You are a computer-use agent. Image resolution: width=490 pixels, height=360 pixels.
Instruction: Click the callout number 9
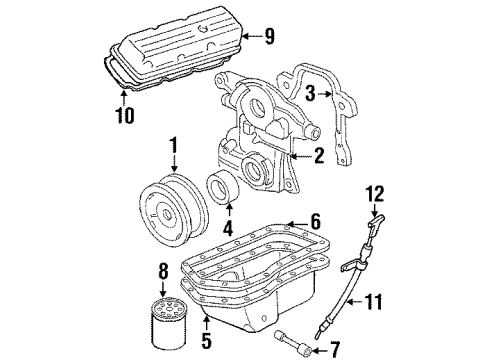(x=269, y=36)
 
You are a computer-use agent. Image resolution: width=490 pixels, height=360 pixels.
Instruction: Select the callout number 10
(x=125, y=115)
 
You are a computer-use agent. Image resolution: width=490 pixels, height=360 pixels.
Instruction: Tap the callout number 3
(x=310, y=93)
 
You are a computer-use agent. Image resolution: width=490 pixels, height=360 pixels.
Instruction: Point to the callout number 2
(x=319, y=155)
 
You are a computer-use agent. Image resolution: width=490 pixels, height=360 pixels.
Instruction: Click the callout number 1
(x=173, y=145)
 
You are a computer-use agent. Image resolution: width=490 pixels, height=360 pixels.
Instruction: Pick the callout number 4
(x=228, y=228)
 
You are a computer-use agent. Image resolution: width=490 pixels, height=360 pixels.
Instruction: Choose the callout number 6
(x=315, y=221)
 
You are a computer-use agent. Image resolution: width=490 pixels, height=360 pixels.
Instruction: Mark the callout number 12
(x=375, y=193)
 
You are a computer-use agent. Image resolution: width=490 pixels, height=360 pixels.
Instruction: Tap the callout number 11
(x=373, y=301)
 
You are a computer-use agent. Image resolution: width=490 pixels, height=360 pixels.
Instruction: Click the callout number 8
(x=163, y=271)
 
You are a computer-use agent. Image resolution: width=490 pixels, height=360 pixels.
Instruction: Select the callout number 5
(x=207, y=340)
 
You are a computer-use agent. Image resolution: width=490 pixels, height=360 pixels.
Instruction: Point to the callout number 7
(x=334, y=350)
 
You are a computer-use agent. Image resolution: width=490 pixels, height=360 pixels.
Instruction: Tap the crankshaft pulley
(x=174, y=209)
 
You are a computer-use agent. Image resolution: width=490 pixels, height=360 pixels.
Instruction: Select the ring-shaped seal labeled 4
(x=222, y=188)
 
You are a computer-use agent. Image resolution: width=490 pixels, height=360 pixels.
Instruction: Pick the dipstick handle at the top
(x=377, y=222)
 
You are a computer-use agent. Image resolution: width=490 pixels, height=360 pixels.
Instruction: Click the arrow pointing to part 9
(x=252, y=36)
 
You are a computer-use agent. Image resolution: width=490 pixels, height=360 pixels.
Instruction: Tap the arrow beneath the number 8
(x=163, y=289)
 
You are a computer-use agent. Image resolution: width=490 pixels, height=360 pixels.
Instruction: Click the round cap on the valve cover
(x=203, y=29)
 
